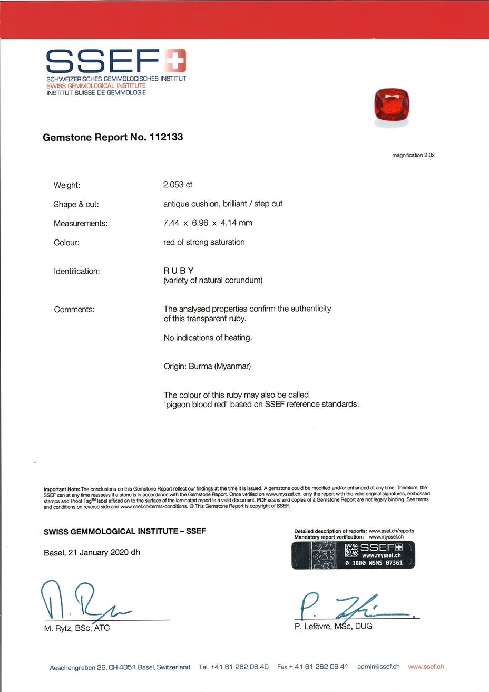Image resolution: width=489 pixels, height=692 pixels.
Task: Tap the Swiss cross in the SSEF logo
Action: point(175,61)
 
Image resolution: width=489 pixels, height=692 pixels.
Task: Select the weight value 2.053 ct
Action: point(178,185)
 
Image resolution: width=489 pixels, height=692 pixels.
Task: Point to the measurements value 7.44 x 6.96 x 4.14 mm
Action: point(208,223)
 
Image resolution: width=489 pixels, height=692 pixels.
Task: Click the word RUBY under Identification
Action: point(179,271)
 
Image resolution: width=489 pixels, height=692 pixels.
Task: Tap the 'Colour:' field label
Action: point(66,243)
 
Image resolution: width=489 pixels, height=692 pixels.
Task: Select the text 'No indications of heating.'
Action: point(208,338)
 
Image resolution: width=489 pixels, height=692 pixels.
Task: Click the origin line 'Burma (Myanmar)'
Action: point(219,366)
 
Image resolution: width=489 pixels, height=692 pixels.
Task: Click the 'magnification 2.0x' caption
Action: point(413,155)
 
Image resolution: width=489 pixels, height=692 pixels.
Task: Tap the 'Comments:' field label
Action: point(74,310)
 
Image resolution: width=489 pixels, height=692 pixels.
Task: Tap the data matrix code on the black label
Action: point(351,551)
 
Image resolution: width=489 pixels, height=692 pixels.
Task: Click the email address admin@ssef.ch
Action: point(378,667)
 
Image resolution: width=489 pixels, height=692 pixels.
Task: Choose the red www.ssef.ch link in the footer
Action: point(426,667)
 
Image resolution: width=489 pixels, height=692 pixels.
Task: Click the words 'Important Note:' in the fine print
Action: point(62,488)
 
